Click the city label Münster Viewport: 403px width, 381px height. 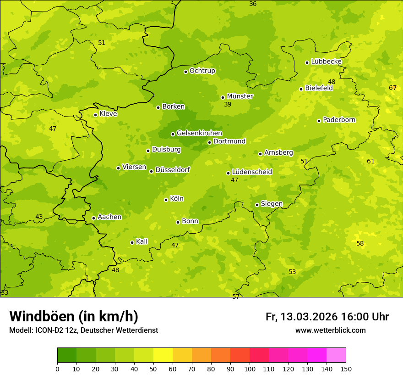(x=240, y=96)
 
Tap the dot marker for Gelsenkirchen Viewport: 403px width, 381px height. (x=173, y=134)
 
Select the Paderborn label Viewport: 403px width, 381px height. (x=339, y=120)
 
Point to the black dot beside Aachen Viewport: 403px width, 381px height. (x=93, y=218)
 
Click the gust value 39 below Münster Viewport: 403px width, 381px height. (x=228, y=105)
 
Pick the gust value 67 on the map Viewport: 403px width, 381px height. (x=392, y=88)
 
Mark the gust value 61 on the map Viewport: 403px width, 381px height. (x=370, y=161)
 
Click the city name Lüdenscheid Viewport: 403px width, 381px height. (x=252, y=172)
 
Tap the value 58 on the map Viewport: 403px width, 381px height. (x=360, y=243)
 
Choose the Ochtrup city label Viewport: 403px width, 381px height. (x=202, y=71)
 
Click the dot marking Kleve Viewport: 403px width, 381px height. (x=95, y=115)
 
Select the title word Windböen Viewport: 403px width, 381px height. (x=42, y=316)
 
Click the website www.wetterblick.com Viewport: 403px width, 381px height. (x=330, y=330)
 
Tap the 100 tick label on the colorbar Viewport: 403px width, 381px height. (x=250, y=369)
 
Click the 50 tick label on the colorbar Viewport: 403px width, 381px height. (x=153, y=369)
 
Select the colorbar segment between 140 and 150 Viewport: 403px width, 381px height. (x=336, y=355)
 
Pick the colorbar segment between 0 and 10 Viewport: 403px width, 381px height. (x=67, y=355)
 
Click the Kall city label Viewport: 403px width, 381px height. (x=142, y=241)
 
